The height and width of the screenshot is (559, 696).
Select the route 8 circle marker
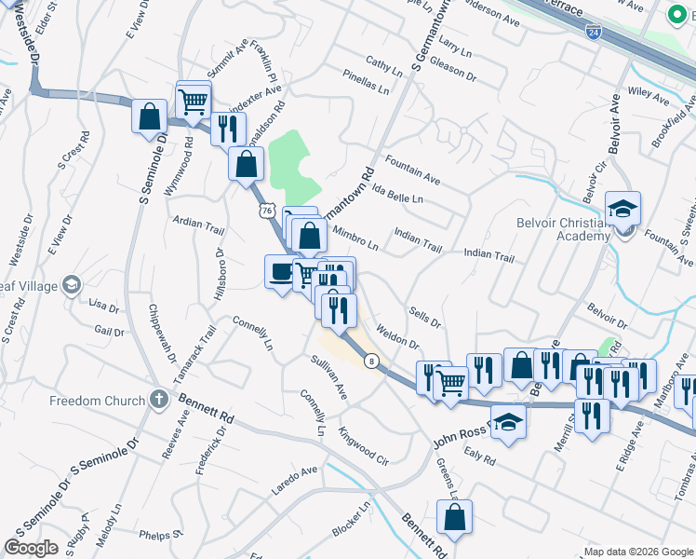[x=372, y=361]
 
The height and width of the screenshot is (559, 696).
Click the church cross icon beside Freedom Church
[x=158, y=401]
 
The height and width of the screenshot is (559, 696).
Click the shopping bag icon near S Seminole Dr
[x=149, y=116]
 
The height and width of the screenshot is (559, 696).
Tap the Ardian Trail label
[x=198, y=225]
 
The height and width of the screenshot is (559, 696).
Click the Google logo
[x=31, y=548]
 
